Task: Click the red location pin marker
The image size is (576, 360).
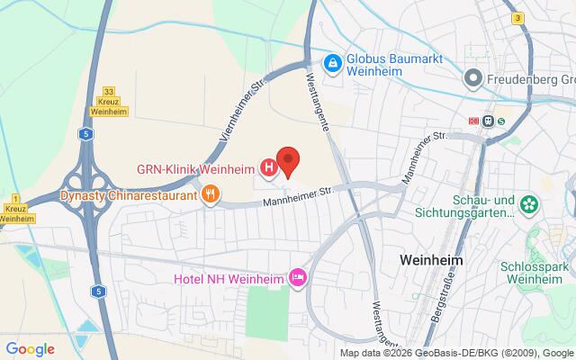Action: [287, 159]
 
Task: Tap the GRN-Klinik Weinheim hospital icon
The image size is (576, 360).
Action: [268, 167]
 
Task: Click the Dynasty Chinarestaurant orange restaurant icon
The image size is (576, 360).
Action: [211, 193]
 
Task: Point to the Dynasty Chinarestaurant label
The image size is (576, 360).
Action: [129, 193]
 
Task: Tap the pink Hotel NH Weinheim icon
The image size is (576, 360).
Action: [297, 276]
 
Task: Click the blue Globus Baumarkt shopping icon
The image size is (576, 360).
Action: [333, 62]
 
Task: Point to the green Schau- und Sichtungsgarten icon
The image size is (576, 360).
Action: [531, 205]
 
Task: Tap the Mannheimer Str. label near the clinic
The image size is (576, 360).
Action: [298, 194]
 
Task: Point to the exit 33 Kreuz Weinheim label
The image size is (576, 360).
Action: [111, 101]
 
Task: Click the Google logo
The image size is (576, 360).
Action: [30, 349]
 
